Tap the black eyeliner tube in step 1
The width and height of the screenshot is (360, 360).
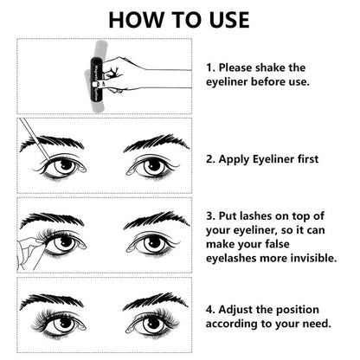click(x=96, y=80)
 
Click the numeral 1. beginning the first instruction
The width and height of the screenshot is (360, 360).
click(x=210, y=67)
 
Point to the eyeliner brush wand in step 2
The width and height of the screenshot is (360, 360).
click(x=35, y=138)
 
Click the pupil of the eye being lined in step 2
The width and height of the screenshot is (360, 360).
click(x=67, y=165)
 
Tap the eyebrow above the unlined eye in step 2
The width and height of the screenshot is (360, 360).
click(x=157, y=143)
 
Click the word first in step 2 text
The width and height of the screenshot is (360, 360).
click(x=308, y=159)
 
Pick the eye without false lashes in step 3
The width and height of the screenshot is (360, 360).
click(x=153, y=243)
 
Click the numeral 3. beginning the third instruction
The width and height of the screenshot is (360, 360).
click(x=210, y=216)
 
